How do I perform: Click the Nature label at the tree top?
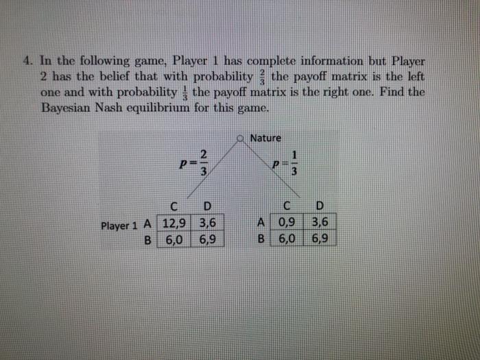(265, 138)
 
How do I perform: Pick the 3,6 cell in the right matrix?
(319, 223)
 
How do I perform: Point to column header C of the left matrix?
(175, 206)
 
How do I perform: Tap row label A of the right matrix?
(261, 223)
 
